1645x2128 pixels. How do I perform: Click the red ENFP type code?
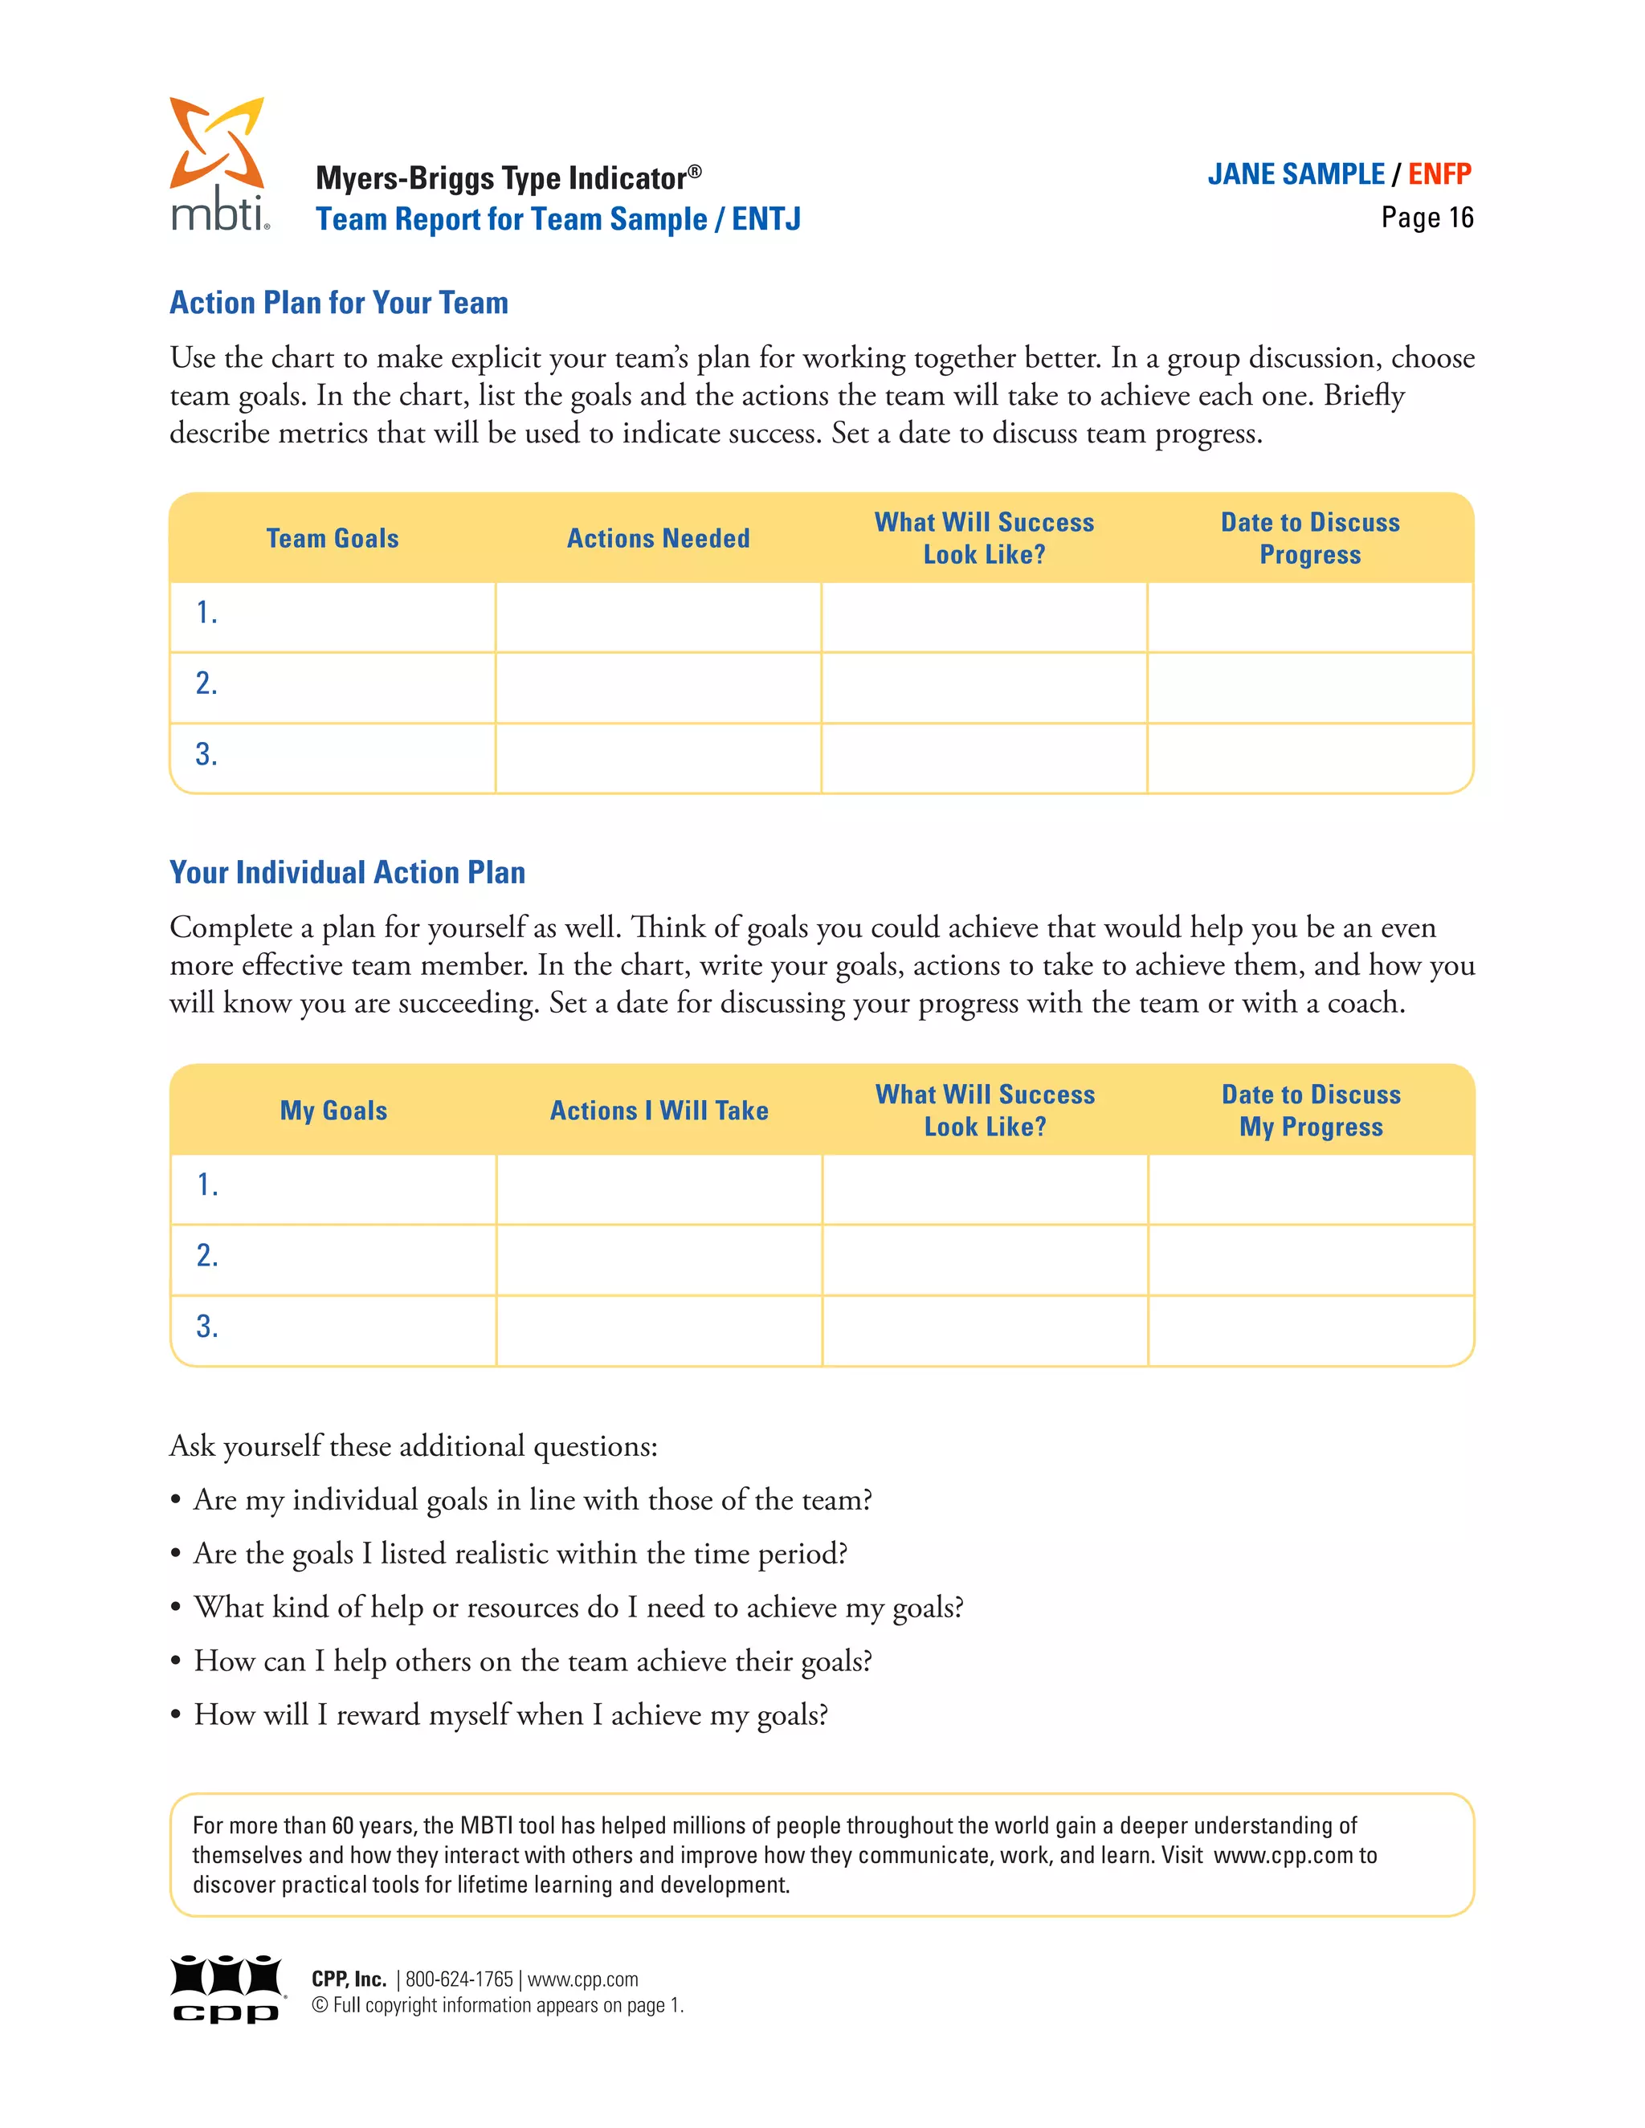coord(1439,174)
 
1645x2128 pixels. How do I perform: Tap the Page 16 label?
coord(1427,218)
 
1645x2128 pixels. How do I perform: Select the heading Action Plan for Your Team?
coord(338,303)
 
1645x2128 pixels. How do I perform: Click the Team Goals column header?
coord(333,539)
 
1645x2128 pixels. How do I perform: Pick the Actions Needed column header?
coord(658,539)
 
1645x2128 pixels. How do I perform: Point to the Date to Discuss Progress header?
coord(1310,539)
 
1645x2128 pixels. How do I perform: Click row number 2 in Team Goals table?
coord(206,684)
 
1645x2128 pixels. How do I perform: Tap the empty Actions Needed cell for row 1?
coord(658,618)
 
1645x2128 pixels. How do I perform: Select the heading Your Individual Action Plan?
coord(347,872)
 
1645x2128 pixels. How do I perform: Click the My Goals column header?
coord(333,1111)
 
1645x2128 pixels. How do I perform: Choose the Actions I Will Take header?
coord(659,1111)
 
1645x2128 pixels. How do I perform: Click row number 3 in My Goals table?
coord(206,1327)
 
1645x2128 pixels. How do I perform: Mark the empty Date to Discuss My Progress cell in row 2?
coord(1310,1260)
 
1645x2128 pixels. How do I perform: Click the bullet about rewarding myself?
coord(511,1715)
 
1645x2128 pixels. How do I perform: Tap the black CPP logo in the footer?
coord(226,1988)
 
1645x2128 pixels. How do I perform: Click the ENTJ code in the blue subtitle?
coord(766,219)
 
